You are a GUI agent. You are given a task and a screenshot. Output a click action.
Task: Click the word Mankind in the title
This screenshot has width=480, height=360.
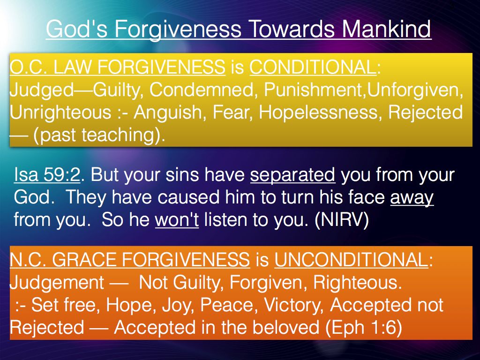pyautogui.click(x=387, y=29)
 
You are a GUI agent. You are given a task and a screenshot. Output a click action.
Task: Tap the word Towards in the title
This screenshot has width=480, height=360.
pyautogui.click(x=292, y=29)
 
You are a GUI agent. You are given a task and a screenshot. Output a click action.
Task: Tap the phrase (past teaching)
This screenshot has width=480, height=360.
pyautogui.click(x=99, y=135)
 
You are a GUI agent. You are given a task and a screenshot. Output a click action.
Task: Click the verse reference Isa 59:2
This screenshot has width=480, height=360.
pyautogui.click(x=47, y=174)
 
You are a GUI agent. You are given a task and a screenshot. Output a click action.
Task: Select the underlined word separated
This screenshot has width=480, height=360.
pyautogui.click(x=292, y=175)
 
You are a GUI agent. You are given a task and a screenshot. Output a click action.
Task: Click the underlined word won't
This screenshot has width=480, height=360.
pyautogui.click(x=177, y=220)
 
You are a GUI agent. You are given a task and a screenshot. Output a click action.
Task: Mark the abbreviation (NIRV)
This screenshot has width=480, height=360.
pyautogui.click(x=342, y=220)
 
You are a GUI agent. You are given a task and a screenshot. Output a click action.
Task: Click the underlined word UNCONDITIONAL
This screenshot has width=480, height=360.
pyautogui.click(x=351, y=260)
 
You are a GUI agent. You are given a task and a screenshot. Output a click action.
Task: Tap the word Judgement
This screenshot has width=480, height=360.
pyautogui.click(x=57, y=283)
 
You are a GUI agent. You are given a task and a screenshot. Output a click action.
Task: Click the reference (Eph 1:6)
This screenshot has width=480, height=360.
pyautogui.click(x=363, y=328)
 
